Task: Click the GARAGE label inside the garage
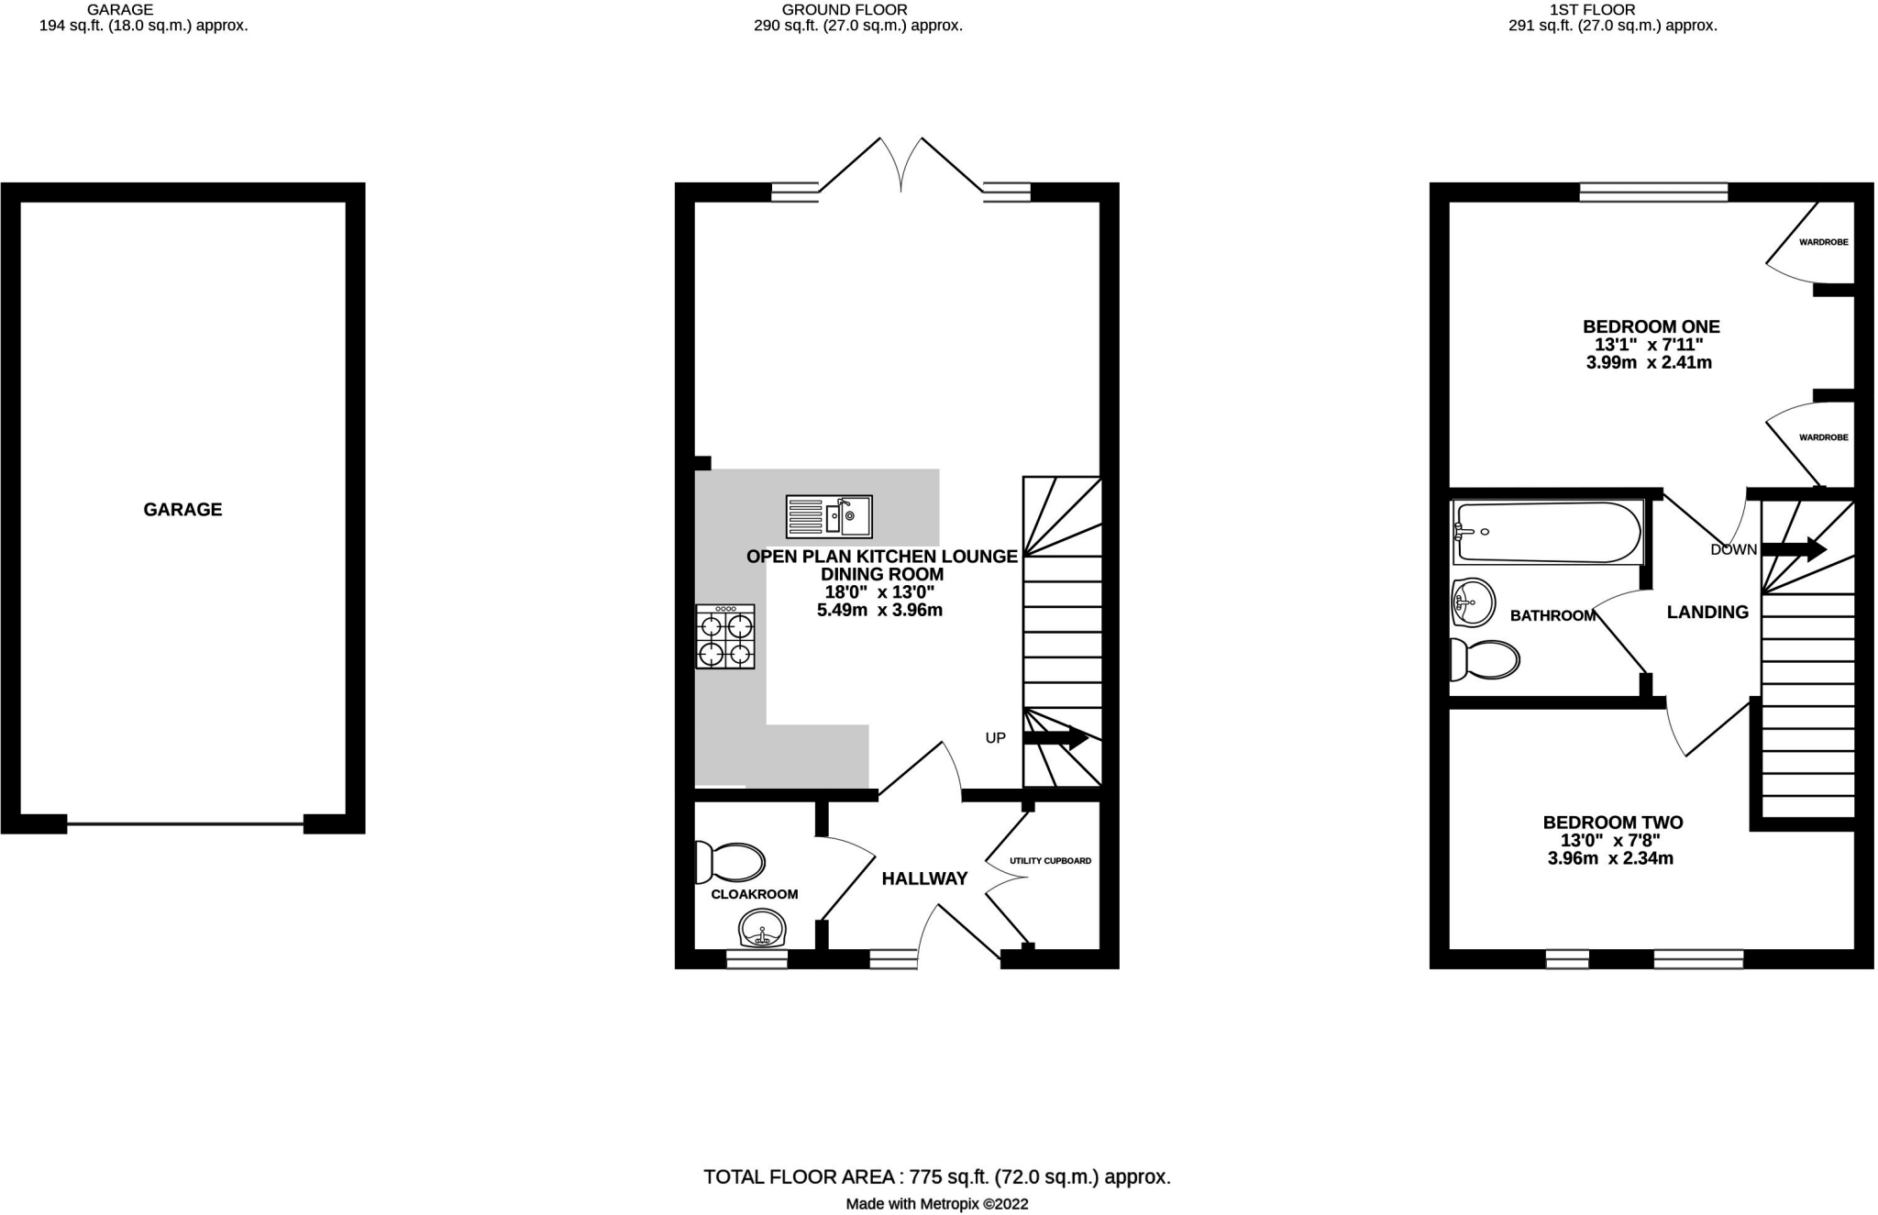[182, 510]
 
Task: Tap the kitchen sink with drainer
[829, 516]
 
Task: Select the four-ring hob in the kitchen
[725, 636]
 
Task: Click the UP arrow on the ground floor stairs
[1056, 737]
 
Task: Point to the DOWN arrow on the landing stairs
[1794, 549]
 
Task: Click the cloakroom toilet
[732, 862]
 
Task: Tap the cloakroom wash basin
[762, 928]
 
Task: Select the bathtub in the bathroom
[1548, 533]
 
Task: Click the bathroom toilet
[1486, 658]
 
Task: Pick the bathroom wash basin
[1474, 602]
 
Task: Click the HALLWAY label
[924, 878]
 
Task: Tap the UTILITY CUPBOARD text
[1050, 861]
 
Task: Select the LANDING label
[1707, 613]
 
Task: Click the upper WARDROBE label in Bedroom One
[1823, 243]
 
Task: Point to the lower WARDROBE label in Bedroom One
[1823, 437]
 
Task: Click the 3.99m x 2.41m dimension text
[1649, 363]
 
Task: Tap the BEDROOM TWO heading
[1613, 823]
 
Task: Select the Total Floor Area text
[936, 1176]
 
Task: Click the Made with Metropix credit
[936, 1204]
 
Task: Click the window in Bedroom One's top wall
[1653, 193]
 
